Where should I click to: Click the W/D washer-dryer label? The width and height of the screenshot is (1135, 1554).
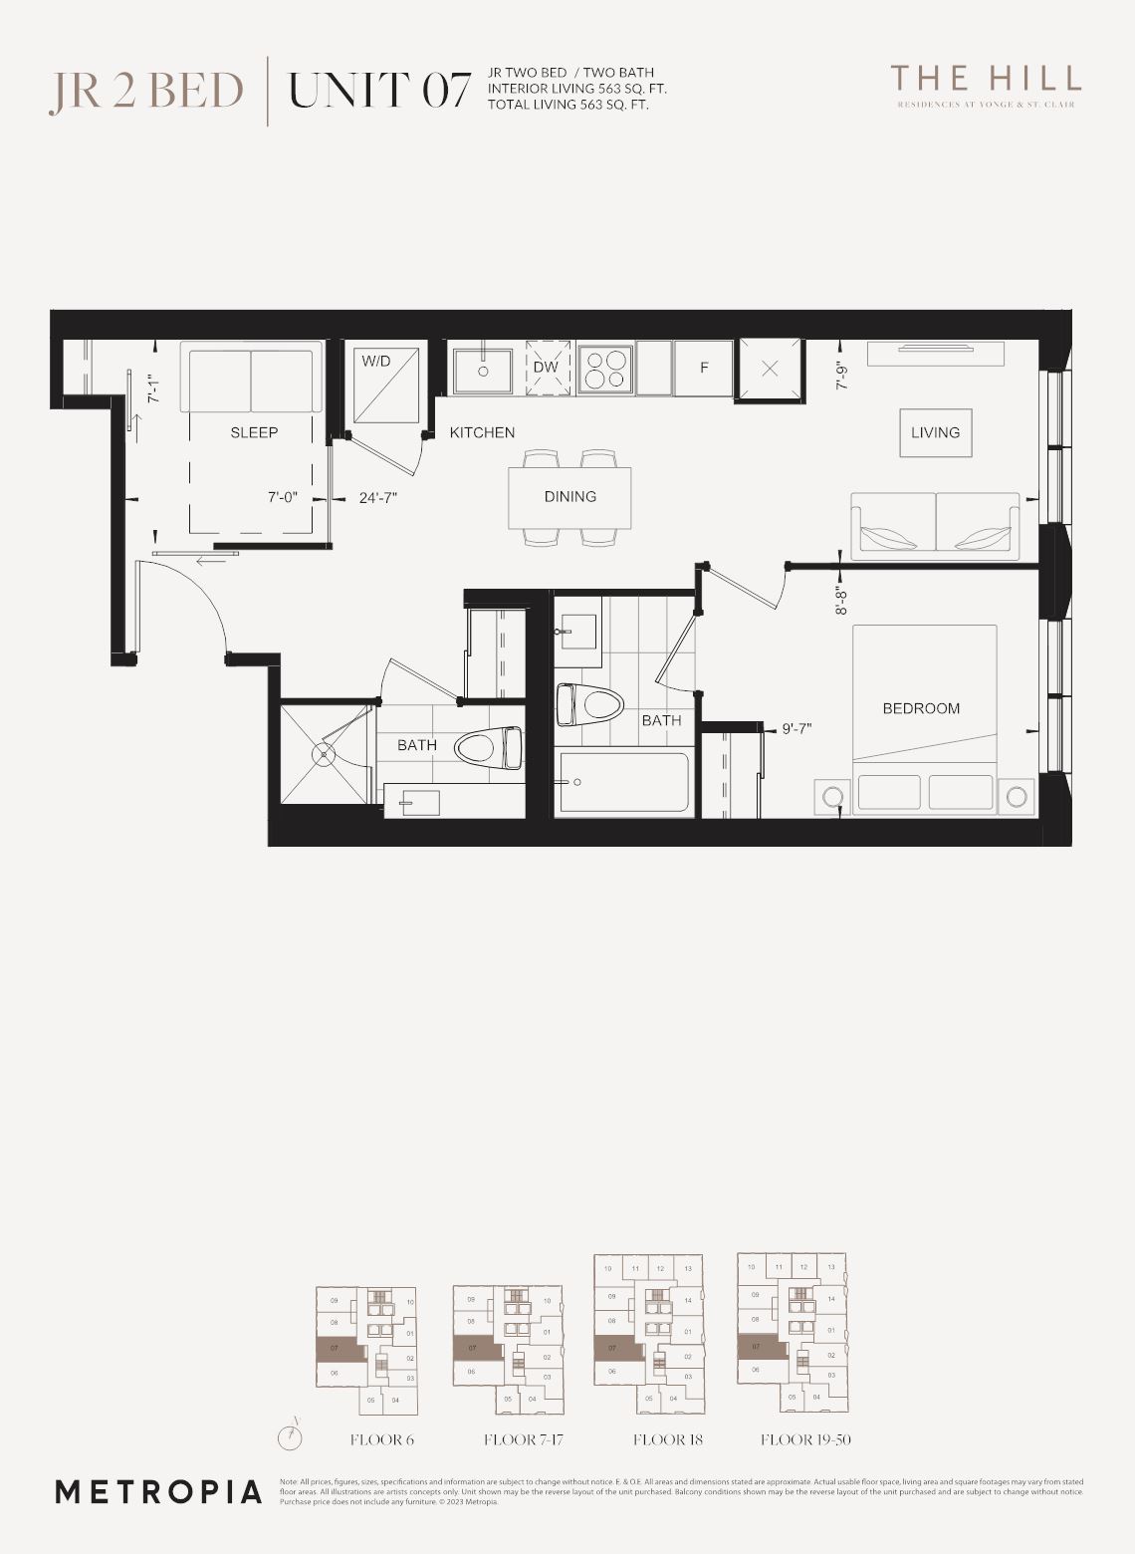click(x=375, y=361)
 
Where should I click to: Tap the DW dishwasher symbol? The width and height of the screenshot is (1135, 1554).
click(x=546, y=368)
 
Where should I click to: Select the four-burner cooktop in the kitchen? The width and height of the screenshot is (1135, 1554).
click(x=606, y=369)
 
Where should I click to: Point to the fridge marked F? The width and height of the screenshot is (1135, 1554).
click(x=704, y=368)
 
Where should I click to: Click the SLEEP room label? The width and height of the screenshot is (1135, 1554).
click(x=254, y=432)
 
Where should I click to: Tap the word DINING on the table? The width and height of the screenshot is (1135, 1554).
click(x=569, y=496)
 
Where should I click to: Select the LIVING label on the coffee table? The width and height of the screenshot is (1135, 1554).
click(x=935, y=432)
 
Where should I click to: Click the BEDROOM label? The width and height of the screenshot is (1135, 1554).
click(x=921, y=708)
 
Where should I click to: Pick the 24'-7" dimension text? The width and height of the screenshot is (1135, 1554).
click(x=378, y=497)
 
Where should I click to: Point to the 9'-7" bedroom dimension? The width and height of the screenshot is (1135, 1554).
click(x=796, y=728)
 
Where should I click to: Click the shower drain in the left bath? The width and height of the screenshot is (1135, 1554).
click(x=324, y=754)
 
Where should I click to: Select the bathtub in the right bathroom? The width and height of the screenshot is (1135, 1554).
click(x=624, y=783)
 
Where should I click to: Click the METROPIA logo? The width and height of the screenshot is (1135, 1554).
click(x=158, y=1491)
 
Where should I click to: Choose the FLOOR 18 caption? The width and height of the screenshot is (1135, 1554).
click(x=667, y=1439)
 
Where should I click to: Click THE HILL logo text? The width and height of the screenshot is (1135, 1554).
click(x=985, y=78)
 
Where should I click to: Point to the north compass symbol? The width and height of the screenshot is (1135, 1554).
click(x=289, y=1436)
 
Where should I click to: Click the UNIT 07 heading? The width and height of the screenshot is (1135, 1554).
click(x=378, y=91)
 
